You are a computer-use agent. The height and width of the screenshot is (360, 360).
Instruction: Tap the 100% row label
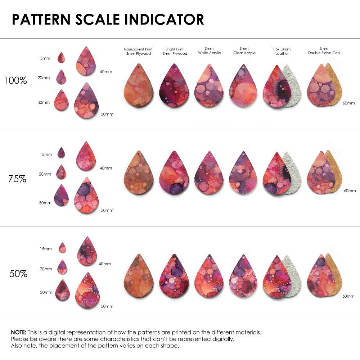(x=15, y=81)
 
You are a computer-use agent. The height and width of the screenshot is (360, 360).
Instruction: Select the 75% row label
(x=17, y=179)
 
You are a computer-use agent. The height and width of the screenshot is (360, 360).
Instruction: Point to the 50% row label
(x=18, y=274)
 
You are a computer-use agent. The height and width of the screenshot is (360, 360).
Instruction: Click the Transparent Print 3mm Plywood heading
(x=138, y=51)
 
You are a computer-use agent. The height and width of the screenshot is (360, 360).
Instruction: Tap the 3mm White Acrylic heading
(x=209, y=51)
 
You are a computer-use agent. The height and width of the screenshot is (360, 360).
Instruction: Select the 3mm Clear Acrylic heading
(x=244, y=51)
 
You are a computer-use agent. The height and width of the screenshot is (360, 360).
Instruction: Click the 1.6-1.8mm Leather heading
(x=282, y=51)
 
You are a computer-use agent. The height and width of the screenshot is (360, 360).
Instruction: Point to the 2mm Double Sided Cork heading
(x=324, y=51)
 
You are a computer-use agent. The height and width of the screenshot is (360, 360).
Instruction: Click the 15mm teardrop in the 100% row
(x=61, y=58)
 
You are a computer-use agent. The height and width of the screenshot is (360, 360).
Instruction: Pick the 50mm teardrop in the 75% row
(x=86, y=196)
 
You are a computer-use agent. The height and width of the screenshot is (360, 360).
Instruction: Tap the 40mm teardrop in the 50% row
(x=87, y=252)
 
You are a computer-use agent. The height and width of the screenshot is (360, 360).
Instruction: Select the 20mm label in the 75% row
(x=45, y=174)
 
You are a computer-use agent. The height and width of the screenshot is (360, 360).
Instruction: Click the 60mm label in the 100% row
(x=349, y=103)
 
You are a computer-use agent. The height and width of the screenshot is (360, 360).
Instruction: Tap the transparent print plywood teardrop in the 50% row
(x=138, y=277)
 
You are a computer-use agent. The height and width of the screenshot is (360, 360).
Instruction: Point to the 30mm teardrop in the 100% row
(x=61, y=100)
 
